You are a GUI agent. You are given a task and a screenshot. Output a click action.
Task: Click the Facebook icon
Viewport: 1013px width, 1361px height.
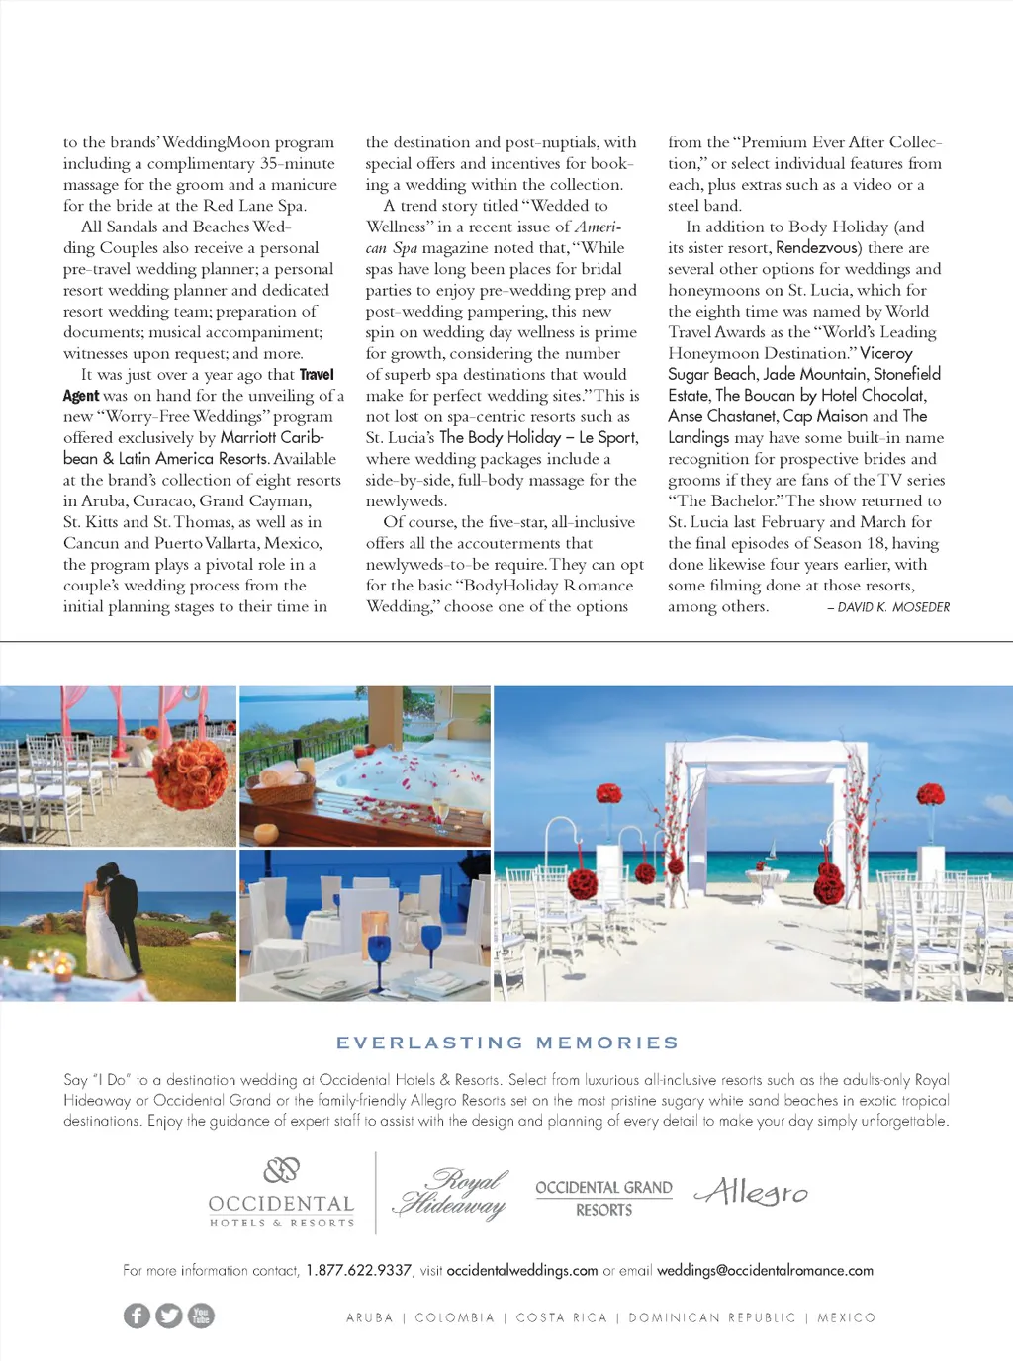pyautogui.click(x=137, y=1316)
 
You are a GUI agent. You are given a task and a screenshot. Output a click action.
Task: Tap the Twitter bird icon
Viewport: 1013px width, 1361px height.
pyautogui.click(x=169, y=1316)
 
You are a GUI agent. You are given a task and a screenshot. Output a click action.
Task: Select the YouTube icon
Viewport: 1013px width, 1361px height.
pyautogui.click(x=201, y=1316)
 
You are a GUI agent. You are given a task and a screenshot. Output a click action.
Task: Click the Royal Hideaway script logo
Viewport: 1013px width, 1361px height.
pyautogui.click(x=452, y=1193)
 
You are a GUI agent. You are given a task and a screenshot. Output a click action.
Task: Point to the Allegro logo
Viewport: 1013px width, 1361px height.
pyautogui.click(x=752, y=1192)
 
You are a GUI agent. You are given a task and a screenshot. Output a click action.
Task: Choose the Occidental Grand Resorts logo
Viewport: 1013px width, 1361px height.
pyautogui.click(x=603, y=1197)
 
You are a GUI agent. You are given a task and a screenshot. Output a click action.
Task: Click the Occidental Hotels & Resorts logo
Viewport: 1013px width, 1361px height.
pyautogui.click(x=282, y=1194)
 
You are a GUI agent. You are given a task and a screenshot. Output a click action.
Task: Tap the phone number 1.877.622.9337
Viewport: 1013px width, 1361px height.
pyautogui.click(x=358, y=1270)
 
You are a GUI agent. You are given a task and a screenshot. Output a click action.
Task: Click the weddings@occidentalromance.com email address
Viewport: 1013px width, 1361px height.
pyautogui.click(x=765, y=1270)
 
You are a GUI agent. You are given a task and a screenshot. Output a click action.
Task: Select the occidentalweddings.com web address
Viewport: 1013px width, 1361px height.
pyautogui.click(x=522, y=1270)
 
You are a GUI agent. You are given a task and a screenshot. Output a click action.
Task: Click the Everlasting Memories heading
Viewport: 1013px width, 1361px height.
pyautogui.click(x=507, y=1043)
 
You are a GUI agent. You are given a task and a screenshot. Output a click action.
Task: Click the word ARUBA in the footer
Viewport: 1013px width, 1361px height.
pyautogui.click(x=370, y=1317)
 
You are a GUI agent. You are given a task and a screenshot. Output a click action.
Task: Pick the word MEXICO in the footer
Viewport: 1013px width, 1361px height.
pyautogui.click(x=846, y=1317)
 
